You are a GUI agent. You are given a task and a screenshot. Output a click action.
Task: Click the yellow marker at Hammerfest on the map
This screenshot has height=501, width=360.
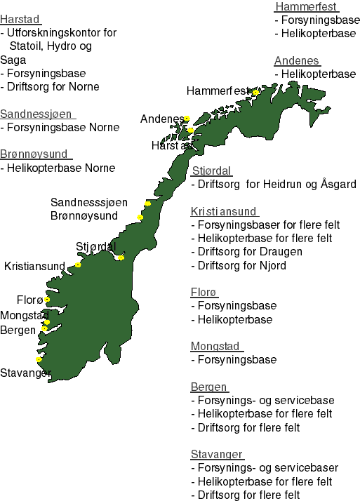(x=255, y=92)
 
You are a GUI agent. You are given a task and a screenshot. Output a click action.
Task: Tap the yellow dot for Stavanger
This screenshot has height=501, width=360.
(x=39, y=360)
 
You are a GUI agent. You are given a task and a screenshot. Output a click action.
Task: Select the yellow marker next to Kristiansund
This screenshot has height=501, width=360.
(x=78, y=265)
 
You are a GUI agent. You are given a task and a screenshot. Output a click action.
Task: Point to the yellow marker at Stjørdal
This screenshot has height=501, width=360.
(x=121, y=258)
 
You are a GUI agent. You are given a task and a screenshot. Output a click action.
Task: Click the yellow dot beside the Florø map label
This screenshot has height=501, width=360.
(x=47, y=300)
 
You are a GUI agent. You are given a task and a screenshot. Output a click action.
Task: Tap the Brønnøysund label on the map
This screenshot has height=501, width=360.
(x=84, y=216)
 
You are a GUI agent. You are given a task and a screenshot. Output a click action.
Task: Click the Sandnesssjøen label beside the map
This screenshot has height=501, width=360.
(x=89, y=202)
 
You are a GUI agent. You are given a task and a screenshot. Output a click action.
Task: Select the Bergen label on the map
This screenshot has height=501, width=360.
(x=18, y=330)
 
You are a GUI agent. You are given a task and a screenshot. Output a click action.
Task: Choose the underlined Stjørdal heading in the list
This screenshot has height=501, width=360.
(x=211, y=171)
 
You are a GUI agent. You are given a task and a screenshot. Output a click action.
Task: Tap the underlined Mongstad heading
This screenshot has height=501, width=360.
(x=216, y=346)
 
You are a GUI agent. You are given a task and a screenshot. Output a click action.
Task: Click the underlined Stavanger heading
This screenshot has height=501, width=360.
(x=217, y=454)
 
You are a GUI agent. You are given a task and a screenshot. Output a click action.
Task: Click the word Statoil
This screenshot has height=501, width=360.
(x=29, y=46)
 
